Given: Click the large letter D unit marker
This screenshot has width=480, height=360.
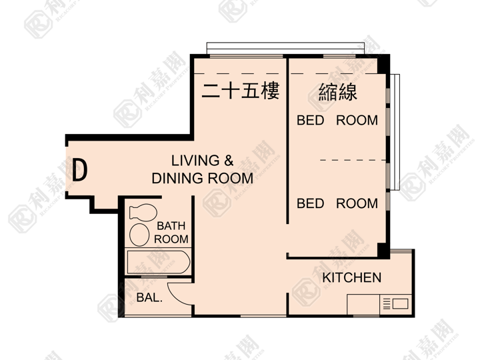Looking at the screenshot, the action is pos(79,170).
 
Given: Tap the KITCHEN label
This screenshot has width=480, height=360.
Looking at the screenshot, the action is pos(352,277).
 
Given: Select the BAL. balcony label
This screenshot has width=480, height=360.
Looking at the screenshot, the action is pos(149,297).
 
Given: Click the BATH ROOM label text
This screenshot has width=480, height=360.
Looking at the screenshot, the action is pos(171,233).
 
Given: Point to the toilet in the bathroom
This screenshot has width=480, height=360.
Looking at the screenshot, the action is pos(143,213).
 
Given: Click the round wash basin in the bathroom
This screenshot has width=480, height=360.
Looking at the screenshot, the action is pos(139,235).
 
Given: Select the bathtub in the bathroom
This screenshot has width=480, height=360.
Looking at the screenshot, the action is pos(158,262).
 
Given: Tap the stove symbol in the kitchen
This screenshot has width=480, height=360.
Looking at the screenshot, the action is pos(395,304).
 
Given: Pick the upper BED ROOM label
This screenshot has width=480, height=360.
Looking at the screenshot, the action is pos(337,120).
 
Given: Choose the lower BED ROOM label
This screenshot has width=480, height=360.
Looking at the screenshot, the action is pos(337,203).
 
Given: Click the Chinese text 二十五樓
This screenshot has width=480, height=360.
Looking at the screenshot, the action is pos(241,91).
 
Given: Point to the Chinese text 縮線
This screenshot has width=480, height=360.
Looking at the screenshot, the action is pos(337,92).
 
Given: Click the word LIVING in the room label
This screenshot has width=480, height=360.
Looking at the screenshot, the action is pos(195,161).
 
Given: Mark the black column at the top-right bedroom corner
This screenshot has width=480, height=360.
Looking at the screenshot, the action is pos(383,64).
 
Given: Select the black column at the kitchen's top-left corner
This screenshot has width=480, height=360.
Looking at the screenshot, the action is pos(383,251).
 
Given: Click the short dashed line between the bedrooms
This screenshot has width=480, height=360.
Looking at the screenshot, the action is pos(353,160).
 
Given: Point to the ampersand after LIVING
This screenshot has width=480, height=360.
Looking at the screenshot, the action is pos(229,161).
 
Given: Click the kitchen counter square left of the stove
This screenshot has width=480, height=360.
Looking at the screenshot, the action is pos(363,304).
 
